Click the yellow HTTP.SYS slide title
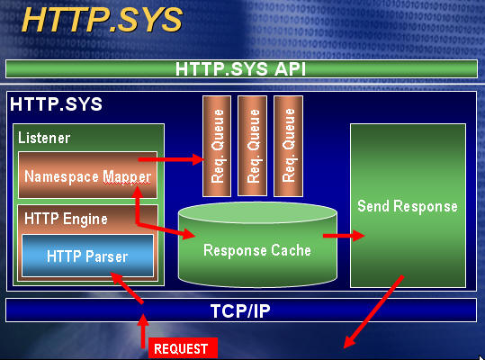click(x=102, y=20)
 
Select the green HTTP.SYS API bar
click(x=241, y=68)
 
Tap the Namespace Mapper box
click(x=87, y=175)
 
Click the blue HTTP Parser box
click(x=88, y=256)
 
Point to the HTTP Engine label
click(x=66, y=219)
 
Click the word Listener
click(x=44, y=138)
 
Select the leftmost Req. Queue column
click(x=217, y=146)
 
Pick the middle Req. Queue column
click(x=252, y=146)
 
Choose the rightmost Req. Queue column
click(x=288, y=146)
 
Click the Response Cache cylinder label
click(x=257, y=250)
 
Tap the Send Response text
click(x=408, y=206)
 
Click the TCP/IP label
click(x=240, y=310)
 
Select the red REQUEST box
click(x=183, y=348)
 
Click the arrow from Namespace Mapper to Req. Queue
click(x=171, y=159)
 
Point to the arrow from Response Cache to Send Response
click(x=344, y=236)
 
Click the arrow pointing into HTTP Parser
click(x=127, y=288)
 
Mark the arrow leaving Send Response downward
click(x=373, y=311)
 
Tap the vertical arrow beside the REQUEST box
click(x=143, y=331)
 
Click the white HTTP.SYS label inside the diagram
click(x=56, y=104)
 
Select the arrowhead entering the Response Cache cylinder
click(x=188, y=233)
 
